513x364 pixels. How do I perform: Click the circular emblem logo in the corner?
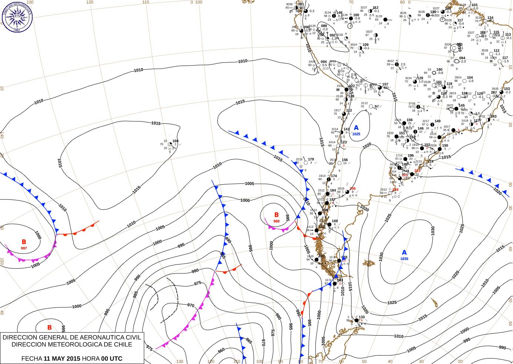coord(17,17)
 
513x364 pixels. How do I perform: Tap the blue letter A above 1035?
coord(404,253)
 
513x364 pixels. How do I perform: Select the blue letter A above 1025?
coord(356,128)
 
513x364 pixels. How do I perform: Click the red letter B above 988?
coord(276,215)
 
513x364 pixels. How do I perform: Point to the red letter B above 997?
coord(24,242)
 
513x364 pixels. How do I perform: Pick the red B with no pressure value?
coord(50,328)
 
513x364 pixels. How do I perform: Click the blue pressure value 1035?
coord(404,259)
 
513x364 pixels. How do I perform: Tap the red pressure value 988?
coord(276,221)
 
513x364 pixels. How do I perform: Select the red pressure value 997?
coord(24,248)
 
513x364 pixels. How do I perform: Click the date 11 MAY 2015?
coord(62,358)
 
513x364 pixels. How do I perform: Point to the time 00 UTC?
coord(112,358)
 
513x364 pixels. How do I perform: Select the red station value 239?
coord(395,190)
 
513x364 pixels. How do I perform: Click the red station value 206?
coord(352,189)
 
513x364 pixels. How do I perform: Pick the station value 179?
coord(311,159)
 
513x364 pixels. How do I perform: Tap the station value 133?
coord(362,317)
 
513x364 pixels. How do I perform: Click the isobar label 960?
coord(221,350)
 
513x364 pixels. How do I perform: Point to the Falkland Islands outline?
coord(368,263)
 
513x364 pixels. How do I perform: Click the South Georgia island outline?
coord(434,303)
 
